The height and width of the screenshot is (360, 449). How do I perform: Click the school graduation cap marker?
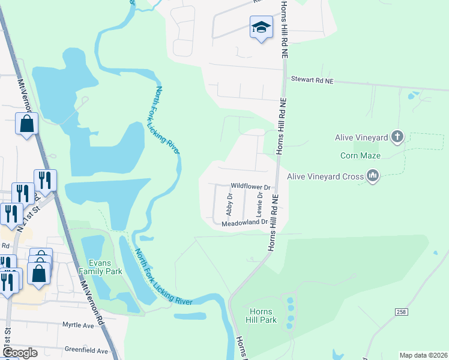[261, 27]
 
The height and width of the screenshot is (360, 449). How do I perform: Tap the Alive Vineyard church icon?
[397, 137]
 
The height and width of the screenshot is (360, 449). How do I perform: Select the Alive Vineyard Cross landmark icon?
[373, 176]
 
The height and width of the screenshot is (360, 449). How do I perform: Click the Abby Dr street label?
[229, 205]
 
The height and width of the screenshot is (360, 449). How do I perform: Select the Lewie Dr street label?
[260, 203]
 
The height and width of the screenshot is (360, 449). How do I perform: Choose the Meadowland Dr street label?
[244, 222]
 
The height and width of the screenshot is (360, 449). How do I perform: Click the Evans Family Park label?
[106, 267]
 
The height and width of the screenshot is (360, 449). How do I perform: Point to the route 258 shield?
[402, 311]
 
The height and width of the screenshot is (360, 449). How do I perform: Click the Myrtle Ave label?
[78, 325]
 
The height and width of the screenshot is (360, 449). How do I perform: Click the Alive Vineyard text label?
[361, 137]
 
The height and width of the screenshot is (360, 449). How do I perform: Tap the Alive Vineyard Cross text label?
[325, 176]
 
